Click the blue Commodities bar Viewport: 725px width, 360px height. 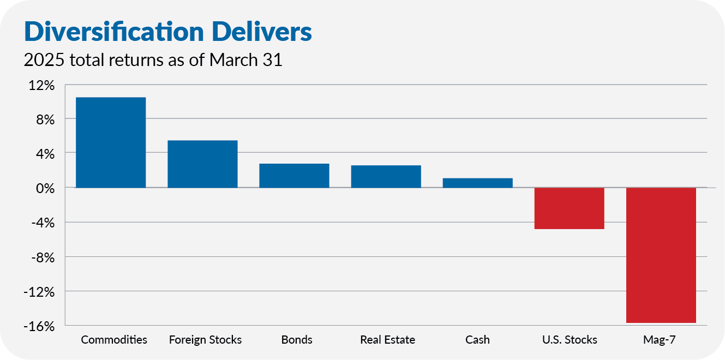(111, 142)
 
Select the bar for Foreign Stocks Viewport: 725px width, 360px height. (202, 164)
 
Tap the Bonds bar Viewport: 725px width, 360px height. (294, 176)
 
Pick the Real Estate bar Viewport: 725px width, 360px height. (386, 177)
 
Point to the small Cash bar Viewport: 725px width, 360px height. (477, 183)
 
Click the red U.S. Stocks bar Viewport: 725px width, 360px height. (569, 208)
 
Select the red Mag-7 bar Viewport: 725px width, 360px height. (661, 255)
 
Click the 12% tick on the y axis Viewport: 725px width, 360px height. (42, 85)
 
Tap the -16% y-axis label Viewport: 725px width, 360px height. (40, 326)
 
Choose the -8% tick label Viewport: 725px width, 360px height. (43, 257)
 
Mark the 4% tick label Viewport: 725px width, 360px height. (45, 154)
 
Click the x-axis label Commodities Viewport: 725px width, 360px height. (114, 340)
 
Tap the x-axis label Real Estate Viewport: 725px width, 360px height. (387, 340)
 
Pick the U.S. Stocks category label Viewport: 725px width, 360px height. (570, 340)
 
